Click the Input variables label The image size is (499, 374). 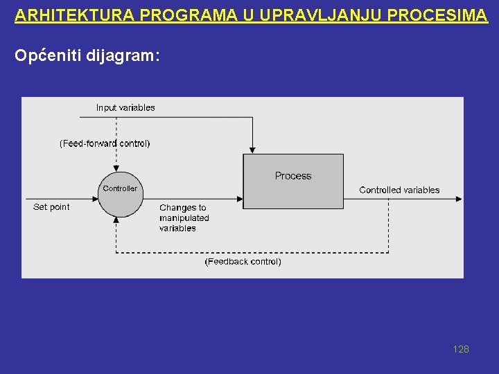pos(125,107)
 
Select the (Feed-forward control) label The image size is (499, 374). pos(105,143)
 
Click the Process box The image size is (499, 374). pos(293,181)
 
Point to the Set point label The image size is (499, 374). pos(51,206)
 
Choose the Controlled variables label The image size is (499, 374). pos(399,190)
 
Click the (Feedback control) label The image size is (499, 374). pos(243,262)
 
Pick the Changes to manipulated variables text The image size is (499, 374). pos(184,217)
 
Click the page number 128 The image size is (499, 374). pos(461,349)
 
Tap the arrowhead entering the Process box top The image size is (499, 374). pos(253,149)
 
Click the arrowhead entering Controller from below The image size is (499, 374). pos(116,220)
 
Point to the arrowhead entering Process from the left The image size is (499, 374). pos(239,198)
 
